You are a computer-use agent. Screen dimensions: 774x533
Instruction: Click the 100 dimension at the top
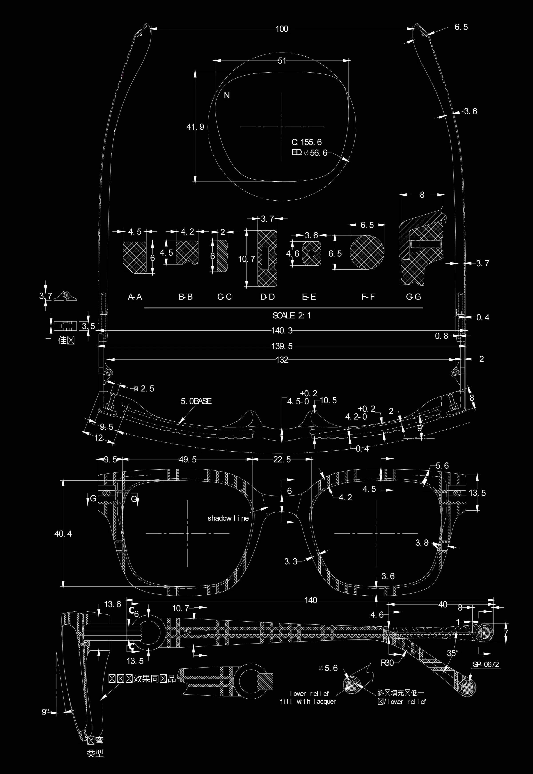[282, 29]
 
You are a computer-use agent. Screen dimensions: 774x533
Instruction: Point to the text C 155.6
[307, 142]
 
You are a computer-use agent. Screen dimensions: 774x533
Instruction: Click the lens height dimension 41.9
[195, 127]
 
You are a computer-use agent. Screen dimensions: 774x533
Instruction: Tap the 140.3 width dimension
[282, 331]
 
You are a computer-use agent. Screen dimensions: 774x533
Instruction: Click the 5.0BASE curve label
[196, 401]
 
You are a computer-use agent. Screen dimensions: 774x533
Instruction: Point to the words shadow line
[228, 518]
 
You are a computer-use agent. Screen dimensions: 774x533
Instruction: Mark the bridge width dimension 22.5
[282, 460]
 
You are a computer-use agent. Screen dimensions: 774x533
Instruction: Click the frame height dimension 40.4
[63, 534]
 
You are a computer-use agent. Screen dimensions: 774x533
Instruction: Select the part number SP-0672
[486, 664]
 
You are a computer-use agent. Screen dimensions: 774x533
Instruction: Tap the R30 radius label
[387, 663]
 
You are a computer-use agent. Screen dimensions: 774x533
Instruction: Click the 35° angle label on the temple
[452, 653]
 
